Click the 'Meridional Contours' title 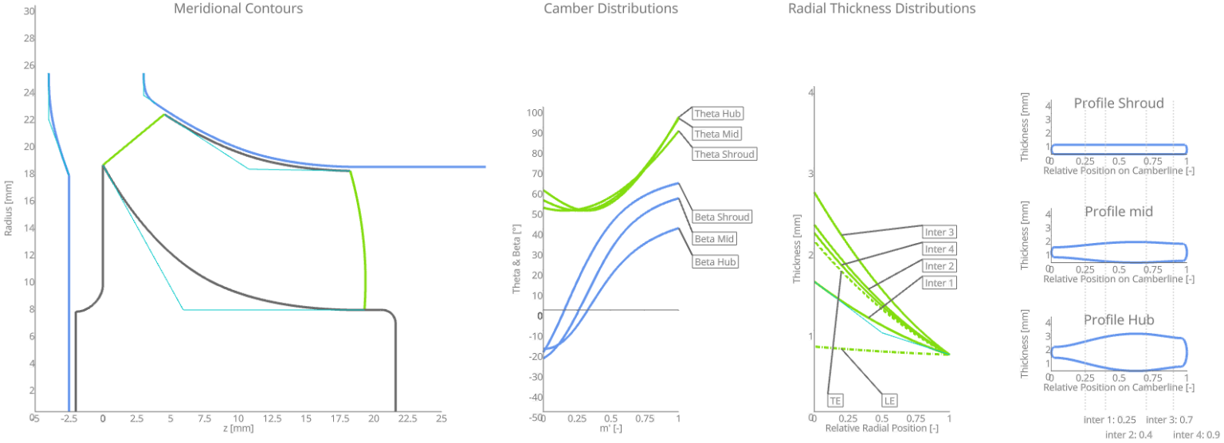click(x=238, y=9)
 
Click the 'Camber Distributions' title click(x=610, y=9)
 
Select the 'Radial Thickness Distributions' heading click(x=881, y=9)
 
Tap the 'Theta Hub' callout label click(x=717, y=114)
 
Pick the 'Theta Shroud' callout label click(x=723, y=154)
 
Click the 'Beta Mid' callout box click(x=713, y=238)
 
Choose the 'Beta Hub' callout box click(x=715, y=261)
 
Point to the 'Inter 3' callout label click(x=940, y=233)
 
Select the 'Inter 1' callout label click(x=940, y=283)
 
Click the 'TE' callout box click(x=835, y=400)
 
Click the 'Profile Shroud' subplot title click(x=1118, y=104)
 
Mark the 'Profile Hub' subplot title click(x=1118, y=320)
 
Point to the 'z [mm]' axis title click(x=238, y=429)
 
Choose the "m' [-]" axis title click(x=610, y=429)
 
